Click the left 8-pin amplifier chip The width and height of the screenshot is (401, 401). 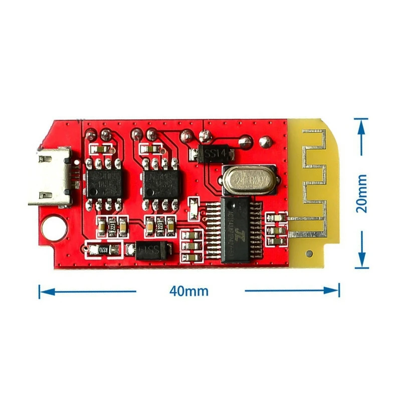104,183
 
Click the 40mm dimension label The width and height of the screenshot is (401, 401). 189,291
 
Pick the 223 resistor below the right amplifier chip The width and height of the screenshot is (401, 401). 160,226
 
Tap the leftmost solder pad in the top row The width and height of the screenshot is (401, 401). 91,135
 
